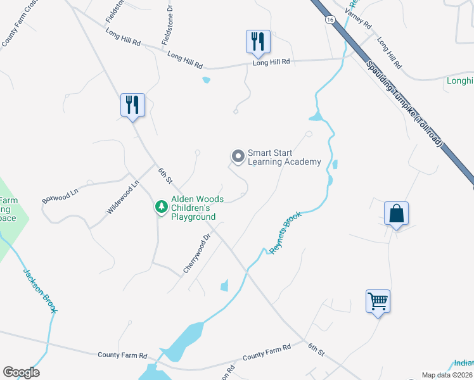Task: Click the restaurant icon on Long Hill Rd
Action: click(258, 42)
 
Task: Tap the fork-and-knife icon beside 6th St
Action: click(133, 104)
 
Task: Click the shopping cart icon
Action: click(378, 301)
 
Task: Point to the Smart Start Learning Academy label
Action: click(284, 157)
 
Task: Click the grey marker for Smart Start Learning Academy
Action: click(238, 156)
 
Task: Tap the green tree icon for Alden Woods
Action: click(162, 206)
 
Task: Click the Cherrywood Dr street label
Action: click(197, 254)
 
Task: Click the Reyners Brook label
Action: click(285, 233)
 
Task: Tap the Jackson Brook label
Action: click(41, 291)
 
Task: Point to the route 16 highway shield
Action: click(330, 20)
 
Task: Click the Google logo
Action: click(21, 372)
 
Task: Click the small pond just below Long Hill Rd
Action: click(205, 80)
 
